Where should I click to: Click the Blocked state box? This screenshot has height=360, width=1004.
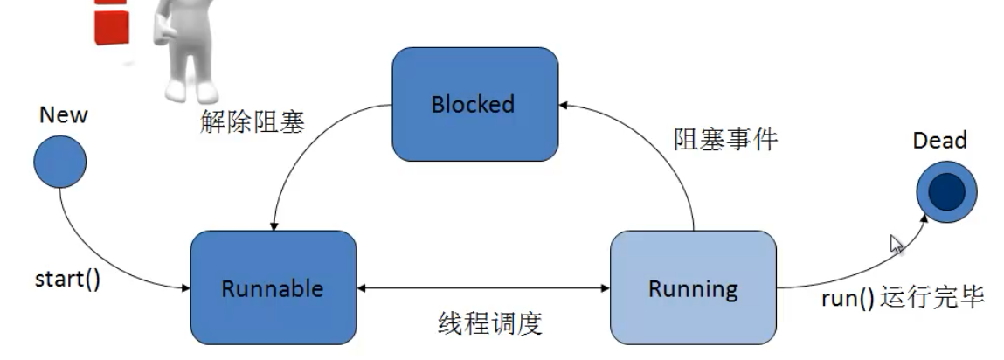(474, 105)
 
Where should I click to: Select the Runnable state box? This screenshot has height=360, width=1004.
(273, 287)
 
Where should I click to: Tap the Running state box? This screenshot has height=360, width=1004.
(692, 287)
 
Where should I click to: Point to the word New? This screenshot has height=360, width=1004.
(64, 115)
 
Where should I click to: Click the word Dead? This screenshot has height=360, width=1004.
(939, 141)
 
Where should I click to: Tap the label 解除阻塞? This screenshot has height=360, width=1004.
(252, 121)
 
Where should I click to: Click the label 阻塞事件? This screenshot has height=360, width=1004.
(725, 138)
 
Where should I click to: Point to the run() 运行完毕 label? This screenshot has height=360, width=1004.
(903, 297)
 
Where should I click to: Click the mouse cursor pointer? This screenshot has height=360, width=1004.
(896, 244)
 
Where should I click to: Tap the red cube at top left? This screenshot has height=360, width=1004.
(111, 22)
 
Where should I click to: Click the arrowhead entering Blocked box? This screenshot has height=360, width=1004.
(564, 105)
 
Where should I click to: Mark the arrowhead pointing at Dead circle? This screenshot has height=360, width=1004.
(926, 219)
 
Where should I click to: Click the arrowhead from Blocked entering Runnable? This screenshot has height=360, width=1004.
(275, 225)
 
